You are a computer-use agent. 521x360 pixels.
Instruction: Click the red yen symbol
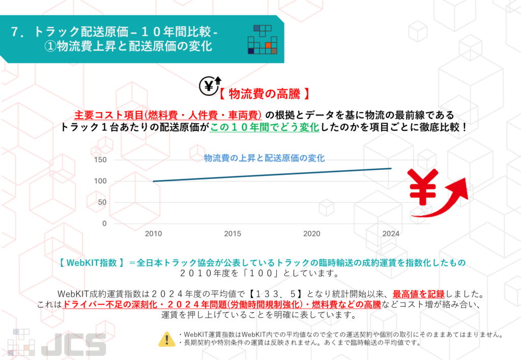[x=422, y=187]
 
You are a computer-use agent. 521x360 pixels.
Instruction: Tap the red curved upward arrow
[x=448, y=198]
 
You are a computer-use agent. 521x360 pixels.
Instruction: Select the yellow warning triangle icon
[x=166, y=339]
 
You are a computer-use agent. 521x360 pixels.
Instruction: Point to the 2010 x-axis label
[x=153, y=234]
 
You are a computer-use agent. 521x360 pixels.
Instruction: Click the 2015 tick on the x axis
[x=233, y=234]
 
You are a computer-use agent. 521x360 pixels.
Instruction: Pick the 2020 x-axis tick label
[x=312, y=234]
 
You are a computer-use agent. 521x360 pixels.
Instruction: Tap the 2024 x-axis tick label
[x=390, y=234]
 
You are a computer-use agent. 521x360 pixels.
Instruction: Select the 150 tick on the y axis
[x=101, y=160]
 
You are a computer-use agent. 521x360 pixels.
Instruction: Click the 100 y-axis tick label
[x=101, y=181]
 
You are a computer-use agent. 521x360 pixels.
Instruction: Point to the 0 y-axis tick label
[x=104, y=223]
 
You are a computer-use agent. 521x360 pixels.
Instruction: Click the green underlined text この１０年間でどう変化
[x=265, y=127]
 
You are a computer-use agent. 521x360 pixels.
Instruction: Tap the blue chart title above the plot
[x=265, y=158]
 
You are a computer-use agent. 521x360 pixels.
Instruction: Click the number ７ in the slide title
[x=15, y=32]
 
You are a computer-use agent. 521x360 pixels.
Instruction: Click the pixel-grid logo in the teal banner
[x=262, y=39]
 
